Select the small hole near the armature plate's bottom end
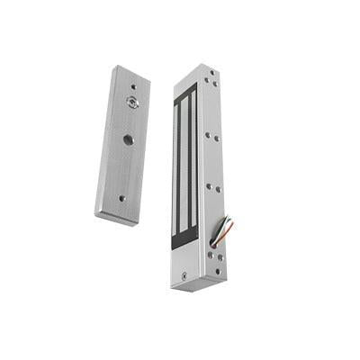click(121, 198)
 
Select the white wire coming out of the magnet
click(220, 236)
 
